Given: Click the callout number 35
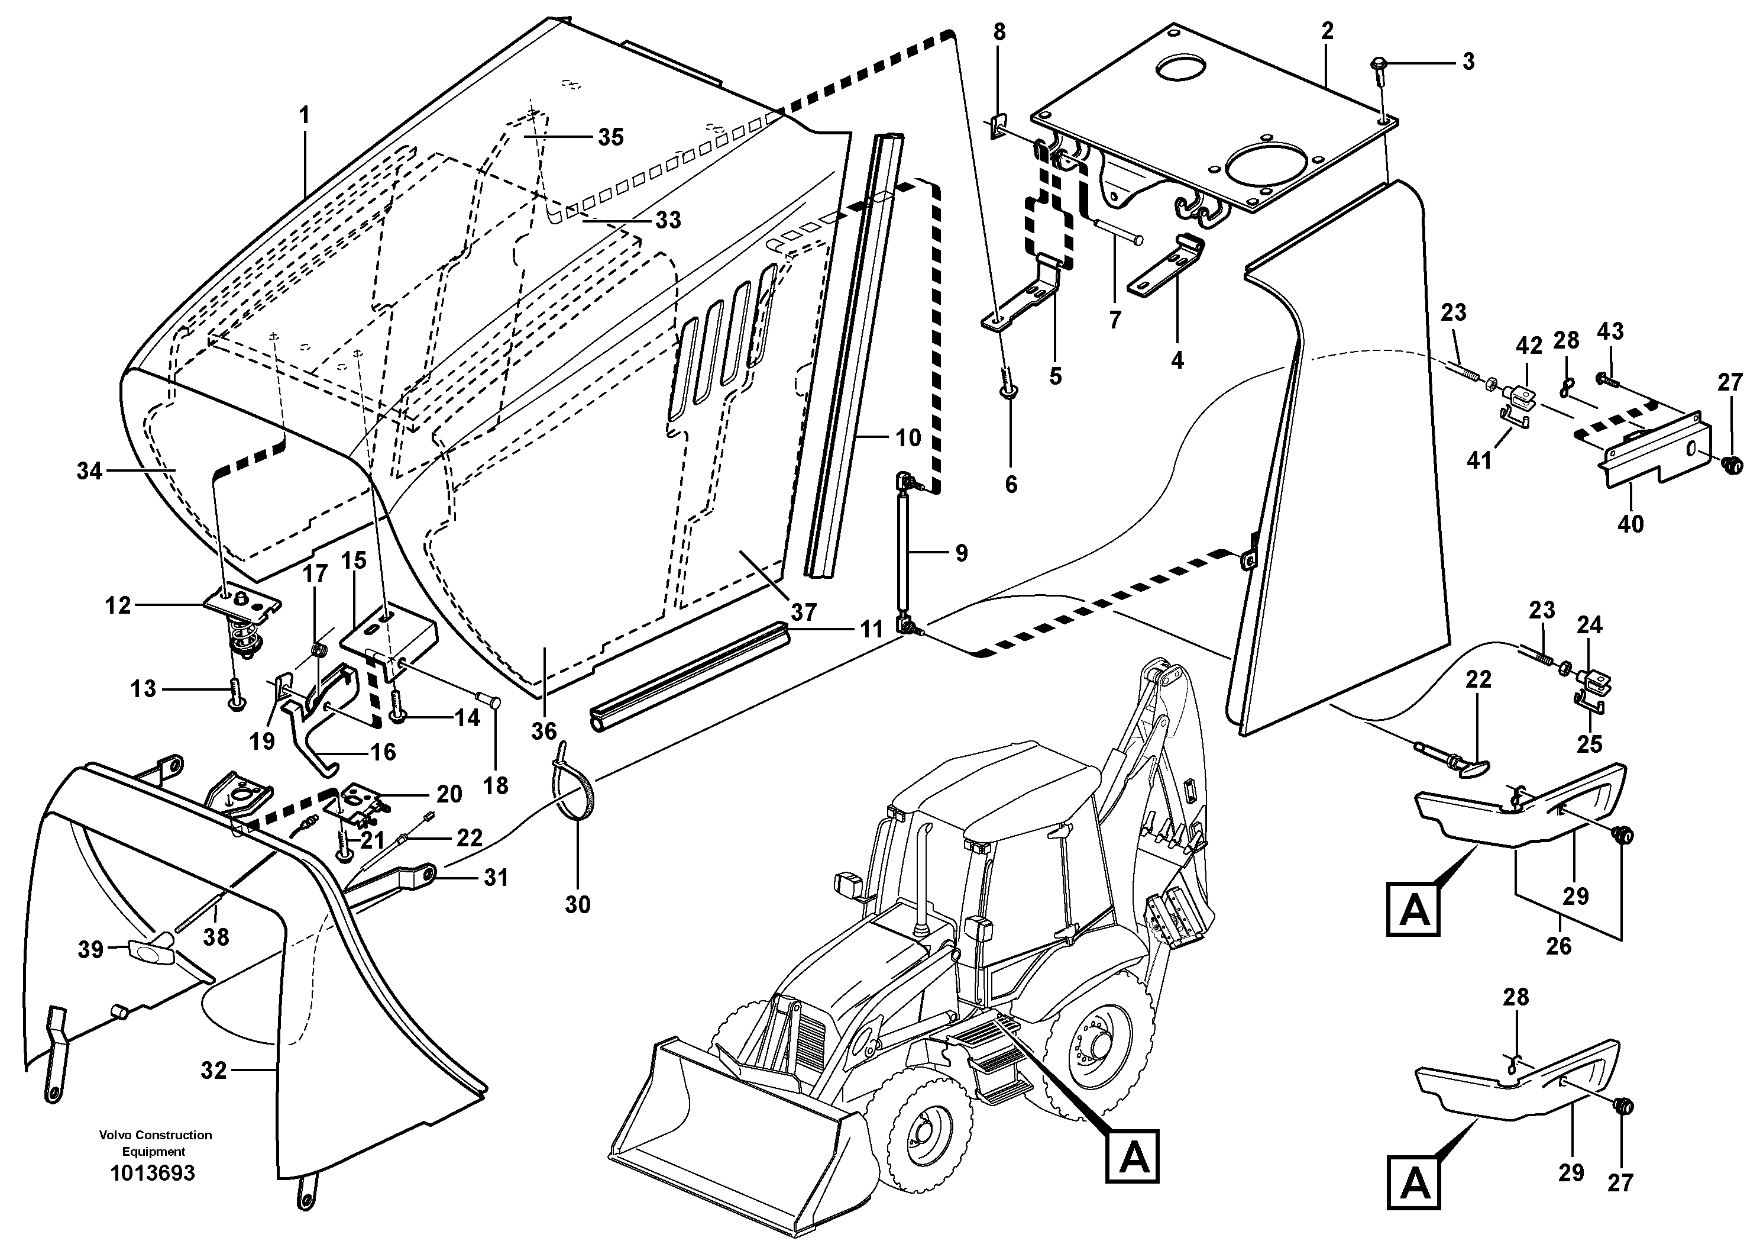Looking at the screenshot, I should (610, 137).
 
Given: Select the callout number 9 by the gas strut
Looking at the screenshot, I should (961, 553).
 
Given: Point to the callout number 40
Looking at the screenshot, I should (1630, 524).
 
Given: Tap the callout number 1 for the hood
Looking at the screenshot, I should (305, 117).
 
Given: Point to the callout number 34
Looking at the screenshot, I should (89, 471).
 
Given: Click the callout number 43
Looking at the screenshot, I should (1610, 331).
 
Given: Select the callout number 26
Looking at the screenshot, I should (1558, 946).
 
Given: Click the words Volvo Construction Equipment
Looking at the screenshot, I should (155, 1143).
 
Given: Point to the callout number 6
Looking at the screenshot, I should (1011, 485).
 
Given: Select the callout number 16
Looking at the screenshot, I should (384, 752).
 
